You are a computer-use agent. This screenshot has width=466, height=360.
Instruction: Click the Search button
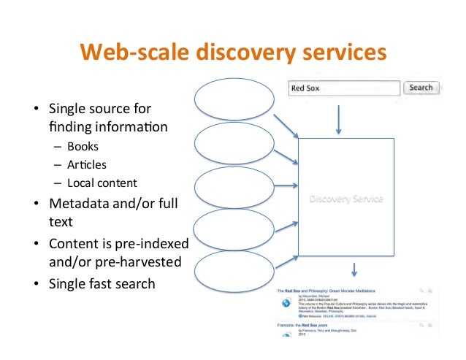click(421, 88)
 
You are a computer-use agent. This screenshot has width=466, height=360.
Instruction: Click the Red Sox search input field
click(344, 88)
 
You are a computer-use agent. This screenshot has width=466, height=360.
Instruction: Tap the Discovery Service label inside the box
click(346, 199)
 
